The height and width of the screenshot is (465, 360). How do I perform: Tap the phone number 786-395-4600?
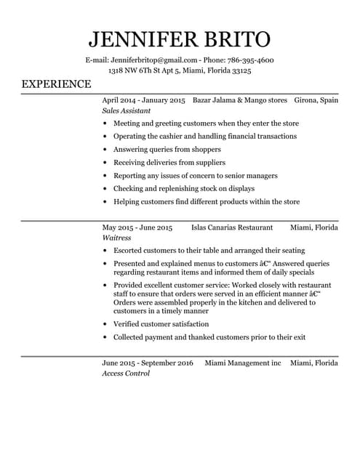click(x=248, y=60)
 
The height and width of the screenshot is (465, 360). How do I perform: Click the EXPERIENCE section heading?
click(x=56, y=84)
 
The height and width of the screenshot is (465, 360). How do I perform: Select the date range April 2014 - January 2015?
click(x=143, y=100)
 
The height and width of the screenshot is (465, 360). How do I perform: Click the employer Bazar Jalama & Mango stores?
click(x=240, y=100)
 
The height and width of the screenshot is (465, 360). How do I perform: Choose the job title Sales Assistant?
click(x=126, y=111)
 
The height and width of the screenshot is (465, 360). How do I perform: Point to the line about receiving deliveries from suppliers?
click(x=169, y=162)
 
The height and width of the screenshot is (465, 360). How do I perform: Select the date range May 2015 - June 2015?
click(x=137, y=227)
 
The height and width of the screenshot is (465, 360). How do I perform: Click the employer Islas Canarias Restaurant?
click(x=231, y=227)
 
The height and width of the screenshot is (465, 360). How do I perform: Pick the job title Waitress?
click(x=116, y=238)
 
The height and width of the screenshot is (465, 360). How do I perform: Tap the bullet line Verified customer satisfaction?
click(x=161, y=324)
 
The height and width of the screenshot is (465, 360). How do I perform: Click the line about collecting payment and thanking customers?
click(x=209, y=337)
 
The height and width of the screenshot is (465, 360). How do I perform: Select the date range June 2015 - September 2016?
click(x=147, y=362)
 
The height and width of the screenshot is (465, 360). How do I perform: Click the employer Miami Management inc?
click(x=242, y=362)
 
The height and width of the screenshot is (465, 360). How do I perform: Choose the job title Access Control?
click(x=125, y=373)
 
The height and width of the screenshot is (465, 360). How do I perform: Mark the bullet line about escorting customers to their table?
click(x=209, y=250)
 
